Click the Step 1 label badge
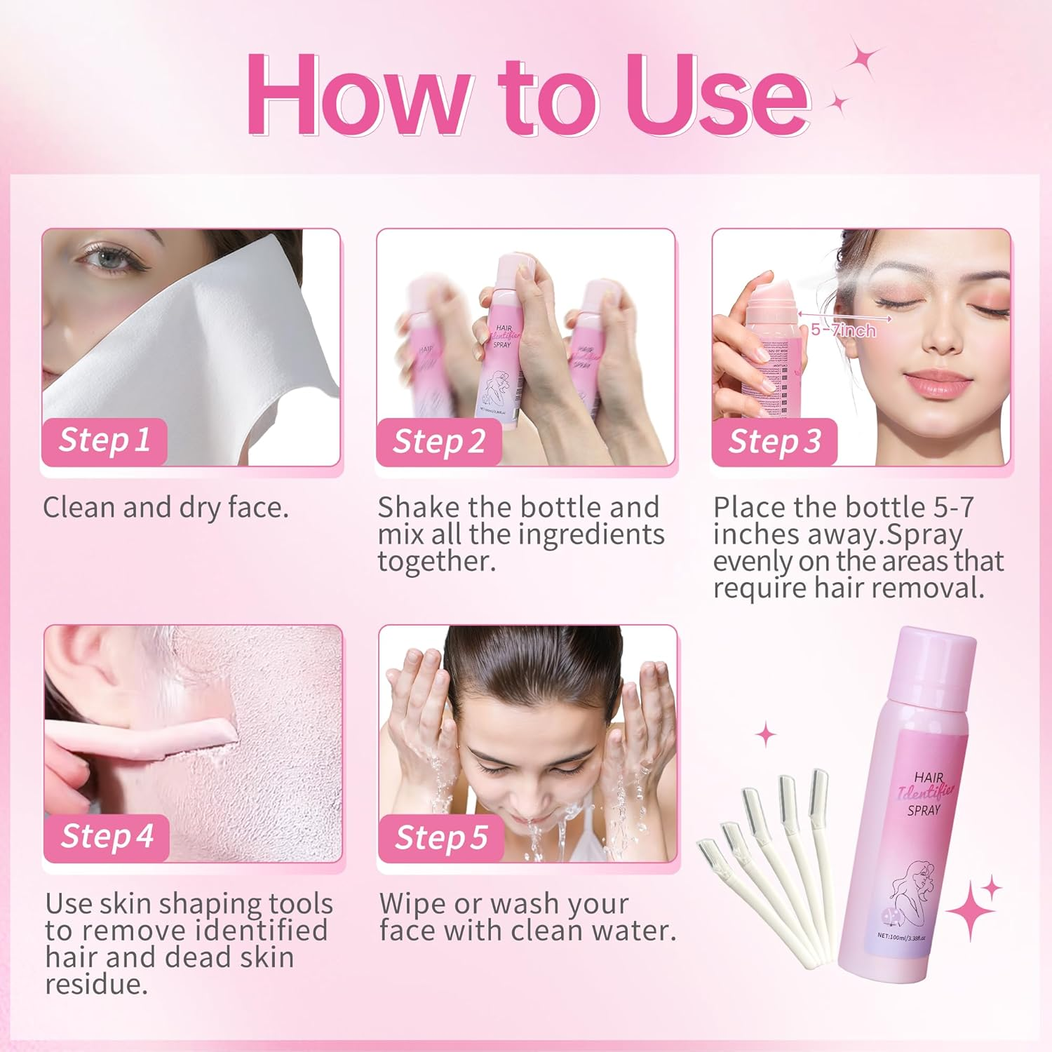pos(104,441)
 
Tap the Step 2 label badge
pos(438,443)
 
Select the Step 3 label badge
pos(774,443)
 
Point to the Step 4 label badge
pos(107,837)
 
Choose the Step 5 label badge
pos(440,838)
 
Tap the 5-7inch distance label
pos(844,330)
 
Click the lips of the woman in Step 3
pos(937,384)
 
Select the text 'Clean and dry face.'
pos(166,508)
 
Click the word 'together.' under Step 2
pos(436,561)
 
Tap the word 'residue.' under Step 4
pos(97,984)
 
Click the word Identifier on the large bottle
pos(926,793)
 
